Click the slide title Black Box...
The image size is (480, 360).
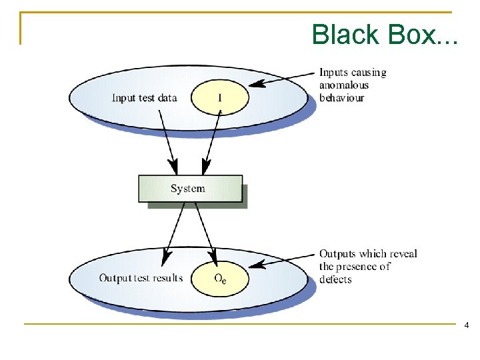(385, 35)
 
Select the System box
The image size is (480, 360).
(190, 189)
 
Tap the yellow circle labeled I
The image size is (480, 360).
(220, 98)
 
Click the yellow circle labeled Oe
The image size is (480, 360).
(220, 279)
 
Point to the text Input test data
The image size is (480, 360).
(144, 98)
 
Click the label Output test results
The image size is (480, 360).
(141, 278)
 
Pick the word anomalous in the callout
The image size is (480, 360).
(343, 85)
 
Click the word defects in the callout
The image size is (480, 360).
(335, 279)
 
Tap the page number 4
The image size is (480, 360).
(465, 325)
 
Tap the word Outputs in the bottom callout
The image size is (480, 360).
(338, 254)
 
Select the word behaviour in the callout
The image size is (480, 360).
(341, 98)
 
